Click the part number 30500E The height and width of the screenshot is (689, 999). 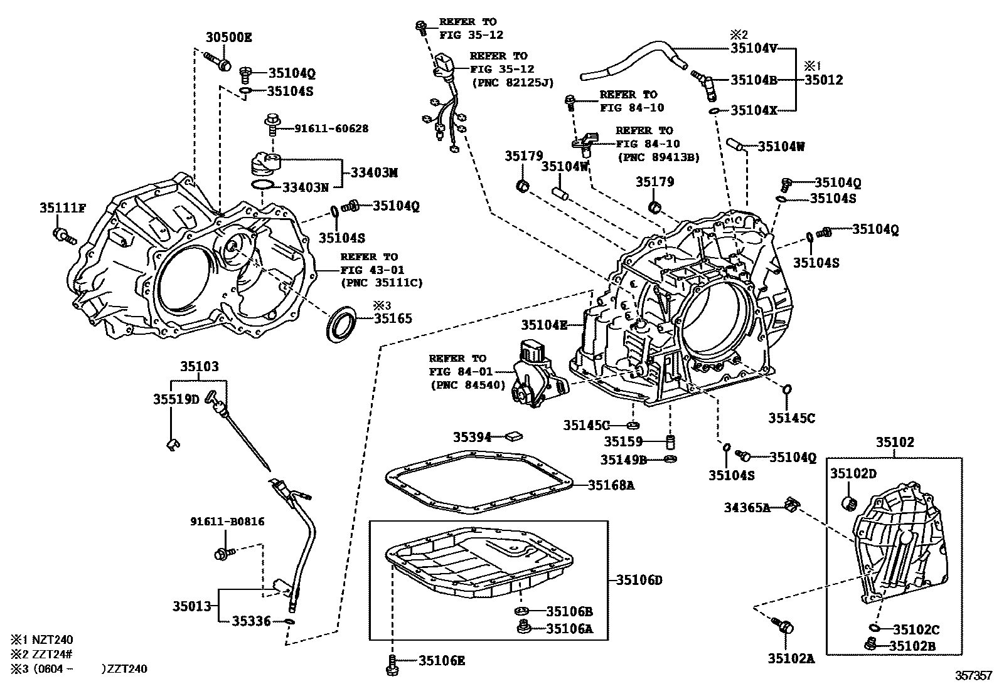coord(228,37)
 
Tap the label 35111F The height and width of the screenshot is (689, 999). coord(62,208)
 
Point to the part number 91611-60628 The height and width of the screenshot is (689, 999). coord(331,129)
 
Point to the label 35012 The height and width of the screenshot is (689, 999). coord(824,80)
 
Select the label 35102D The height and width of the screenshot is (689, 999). coord(853,473)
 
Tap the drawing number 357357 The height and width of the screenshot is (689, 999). coord(974,675)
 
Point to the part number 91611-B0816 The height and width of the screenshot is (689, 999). coord(227,521)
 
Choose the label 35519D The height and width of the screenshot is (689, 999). coord(176,399)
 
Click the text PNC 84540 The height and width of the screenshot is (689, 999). coord(467,385)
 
